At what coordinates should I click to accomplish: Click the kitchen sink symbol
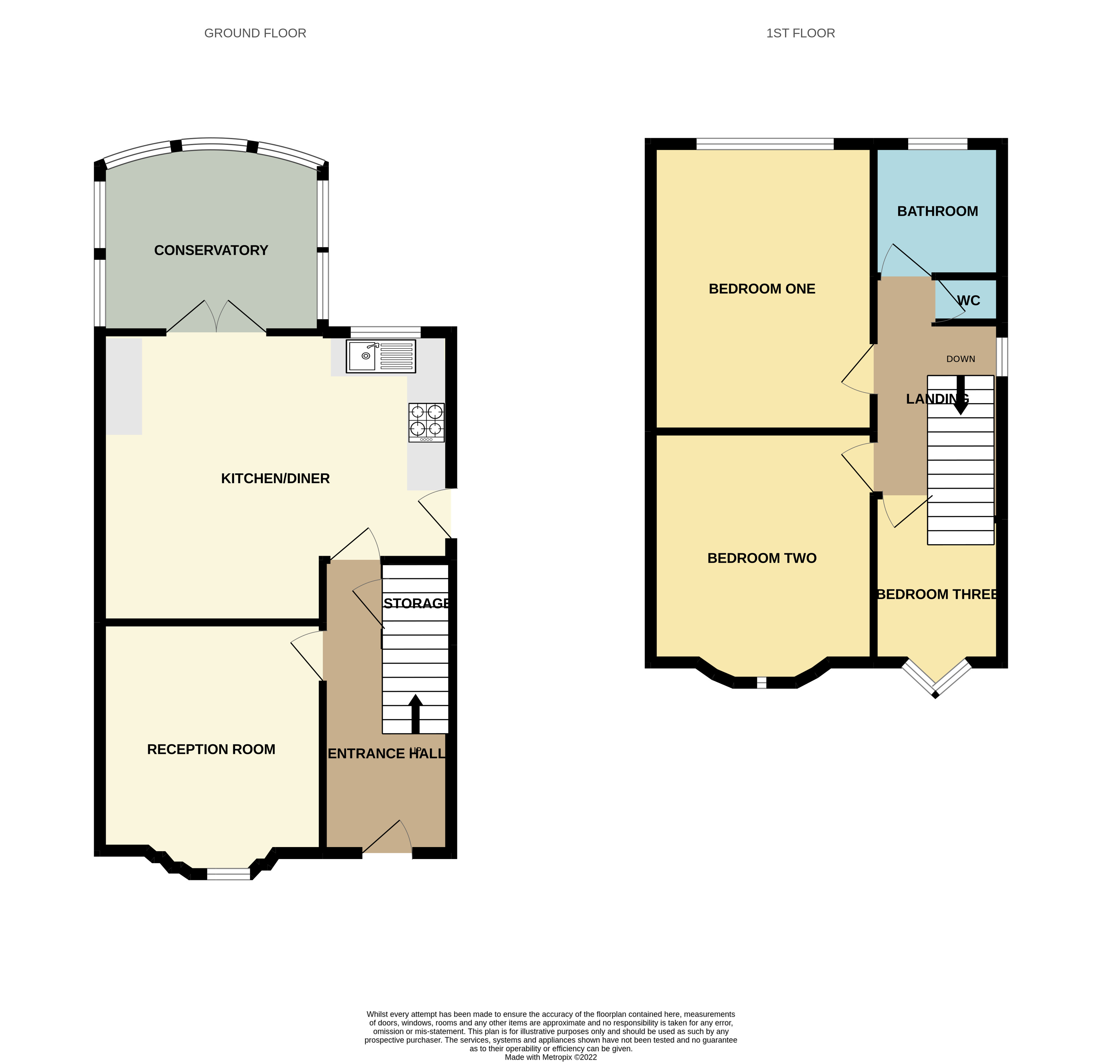click(381, 356)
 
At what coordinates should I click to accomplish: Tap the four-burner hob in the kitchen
click(426, 422)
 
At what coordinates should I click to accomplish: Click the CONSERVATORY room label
click(211, 250)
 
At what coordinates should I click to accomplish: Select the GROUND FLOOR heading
click(255, 33)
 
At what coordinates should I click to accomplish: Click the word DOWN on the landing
click(960, 359)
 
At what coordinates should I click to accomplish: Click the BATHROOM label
click(937, 211)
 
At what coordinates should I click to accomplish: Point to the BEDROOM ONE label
click(761, 289)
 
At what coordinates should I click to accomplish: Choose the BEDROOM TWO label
click(761, 558)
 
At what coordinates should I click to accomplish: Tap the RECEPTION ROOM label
click(211, 749)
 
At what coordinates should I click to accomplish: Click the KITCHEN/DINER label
click(275, 479)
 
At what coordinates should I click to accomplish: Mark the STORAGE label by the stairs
click(416, 603)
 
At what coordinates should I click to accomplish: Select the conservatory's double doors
click(217, 318)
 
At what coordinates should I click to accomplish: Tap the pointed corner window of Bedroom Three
click(935, 679)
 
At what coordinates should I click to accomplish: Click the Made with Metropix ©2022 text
click(551, 1057)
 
